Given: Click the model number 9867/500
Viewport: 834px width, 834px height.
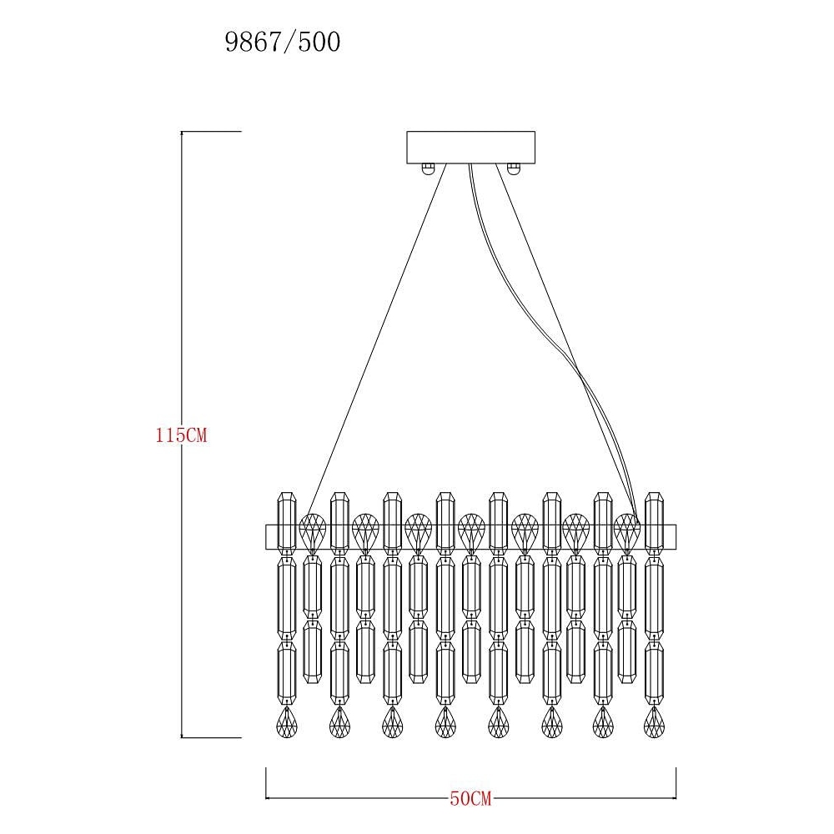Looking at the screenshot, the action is (x=283, y=42).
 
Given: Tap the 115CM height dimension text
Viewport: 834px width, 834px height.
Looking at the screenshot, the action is (x=181, y=435).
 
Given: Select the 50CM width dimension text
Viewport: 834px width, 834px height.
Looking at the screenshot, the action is (x=470, y=798).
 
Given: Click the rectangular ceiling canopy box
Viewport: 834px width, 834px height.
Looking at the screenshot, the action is (x=470, y=148).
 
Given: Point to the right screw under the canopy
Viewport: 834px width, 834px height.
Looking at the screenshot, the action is (x=513, y=169).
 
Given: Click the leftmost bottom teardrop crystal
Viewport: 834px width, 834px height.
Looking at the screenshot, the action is (x=287, y=722).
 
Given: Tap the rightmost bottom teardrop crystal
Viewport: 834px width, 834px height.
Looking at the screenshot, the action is (x=654, y=722).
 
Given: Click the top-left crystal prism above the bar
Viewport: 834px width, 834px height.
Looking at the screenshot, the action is (x=287, y=521).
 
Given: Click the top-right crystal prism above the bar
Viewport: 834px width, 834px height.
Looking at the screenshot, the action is (x=654, y=521).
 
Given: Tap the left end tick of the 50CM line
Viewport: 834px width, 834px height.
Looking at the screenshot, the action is (x=265, y=783).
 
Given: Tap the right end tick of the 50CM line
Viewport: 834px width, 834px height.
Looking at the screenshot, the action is (x=676, y=783).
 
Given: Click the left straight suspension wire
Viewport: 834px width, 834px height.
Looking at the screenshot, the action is (x=377, y=339).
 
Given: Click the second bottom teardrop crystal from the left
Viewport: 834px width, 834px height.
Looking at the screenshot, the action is (x=339, y=722).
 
